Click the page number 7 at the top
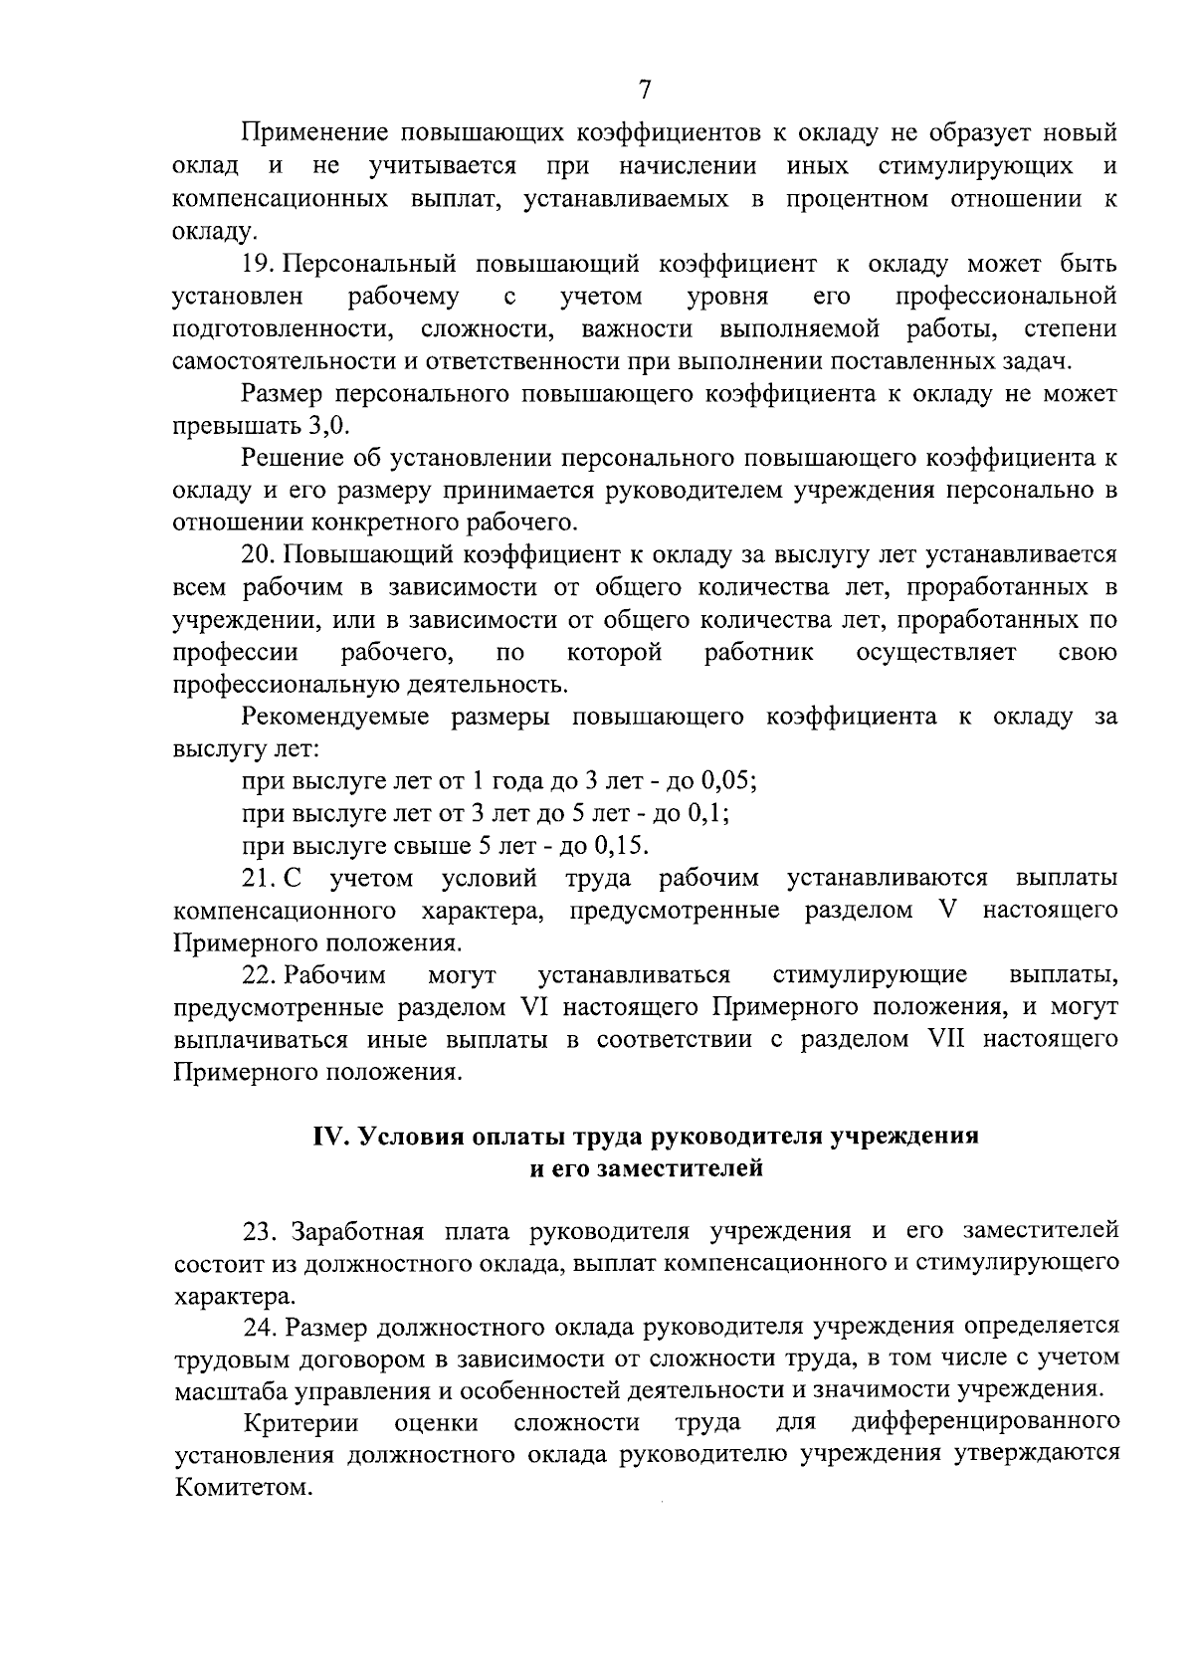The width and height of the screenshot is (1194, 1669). [644, 90]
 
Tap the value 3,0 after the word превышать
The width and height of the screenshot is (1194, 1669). [328, 426]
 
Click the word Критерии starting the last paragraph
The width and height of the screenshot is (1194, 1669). [299, 1423]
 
